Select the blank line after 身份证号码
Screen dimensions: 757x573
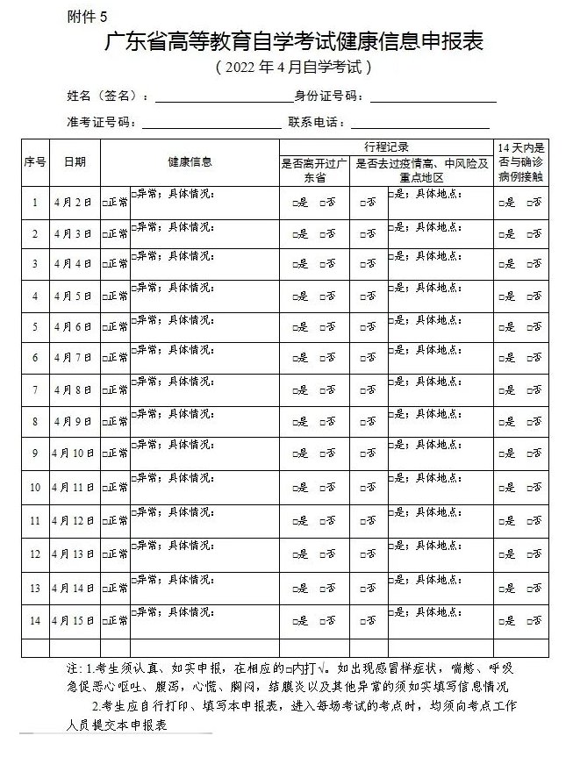[433, 96]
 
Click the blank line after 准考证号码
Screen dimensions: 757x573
[205, 123]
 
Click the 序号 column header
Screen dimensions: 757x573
[35, 161]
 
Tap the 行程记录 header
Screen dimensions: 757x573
[386, 146]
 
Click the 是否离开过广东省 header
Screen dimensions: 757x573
[316, 170]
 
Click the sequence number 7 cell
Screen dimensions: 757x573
[35, 389]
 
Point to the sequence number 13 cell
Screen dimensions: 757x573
[35, 588]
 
